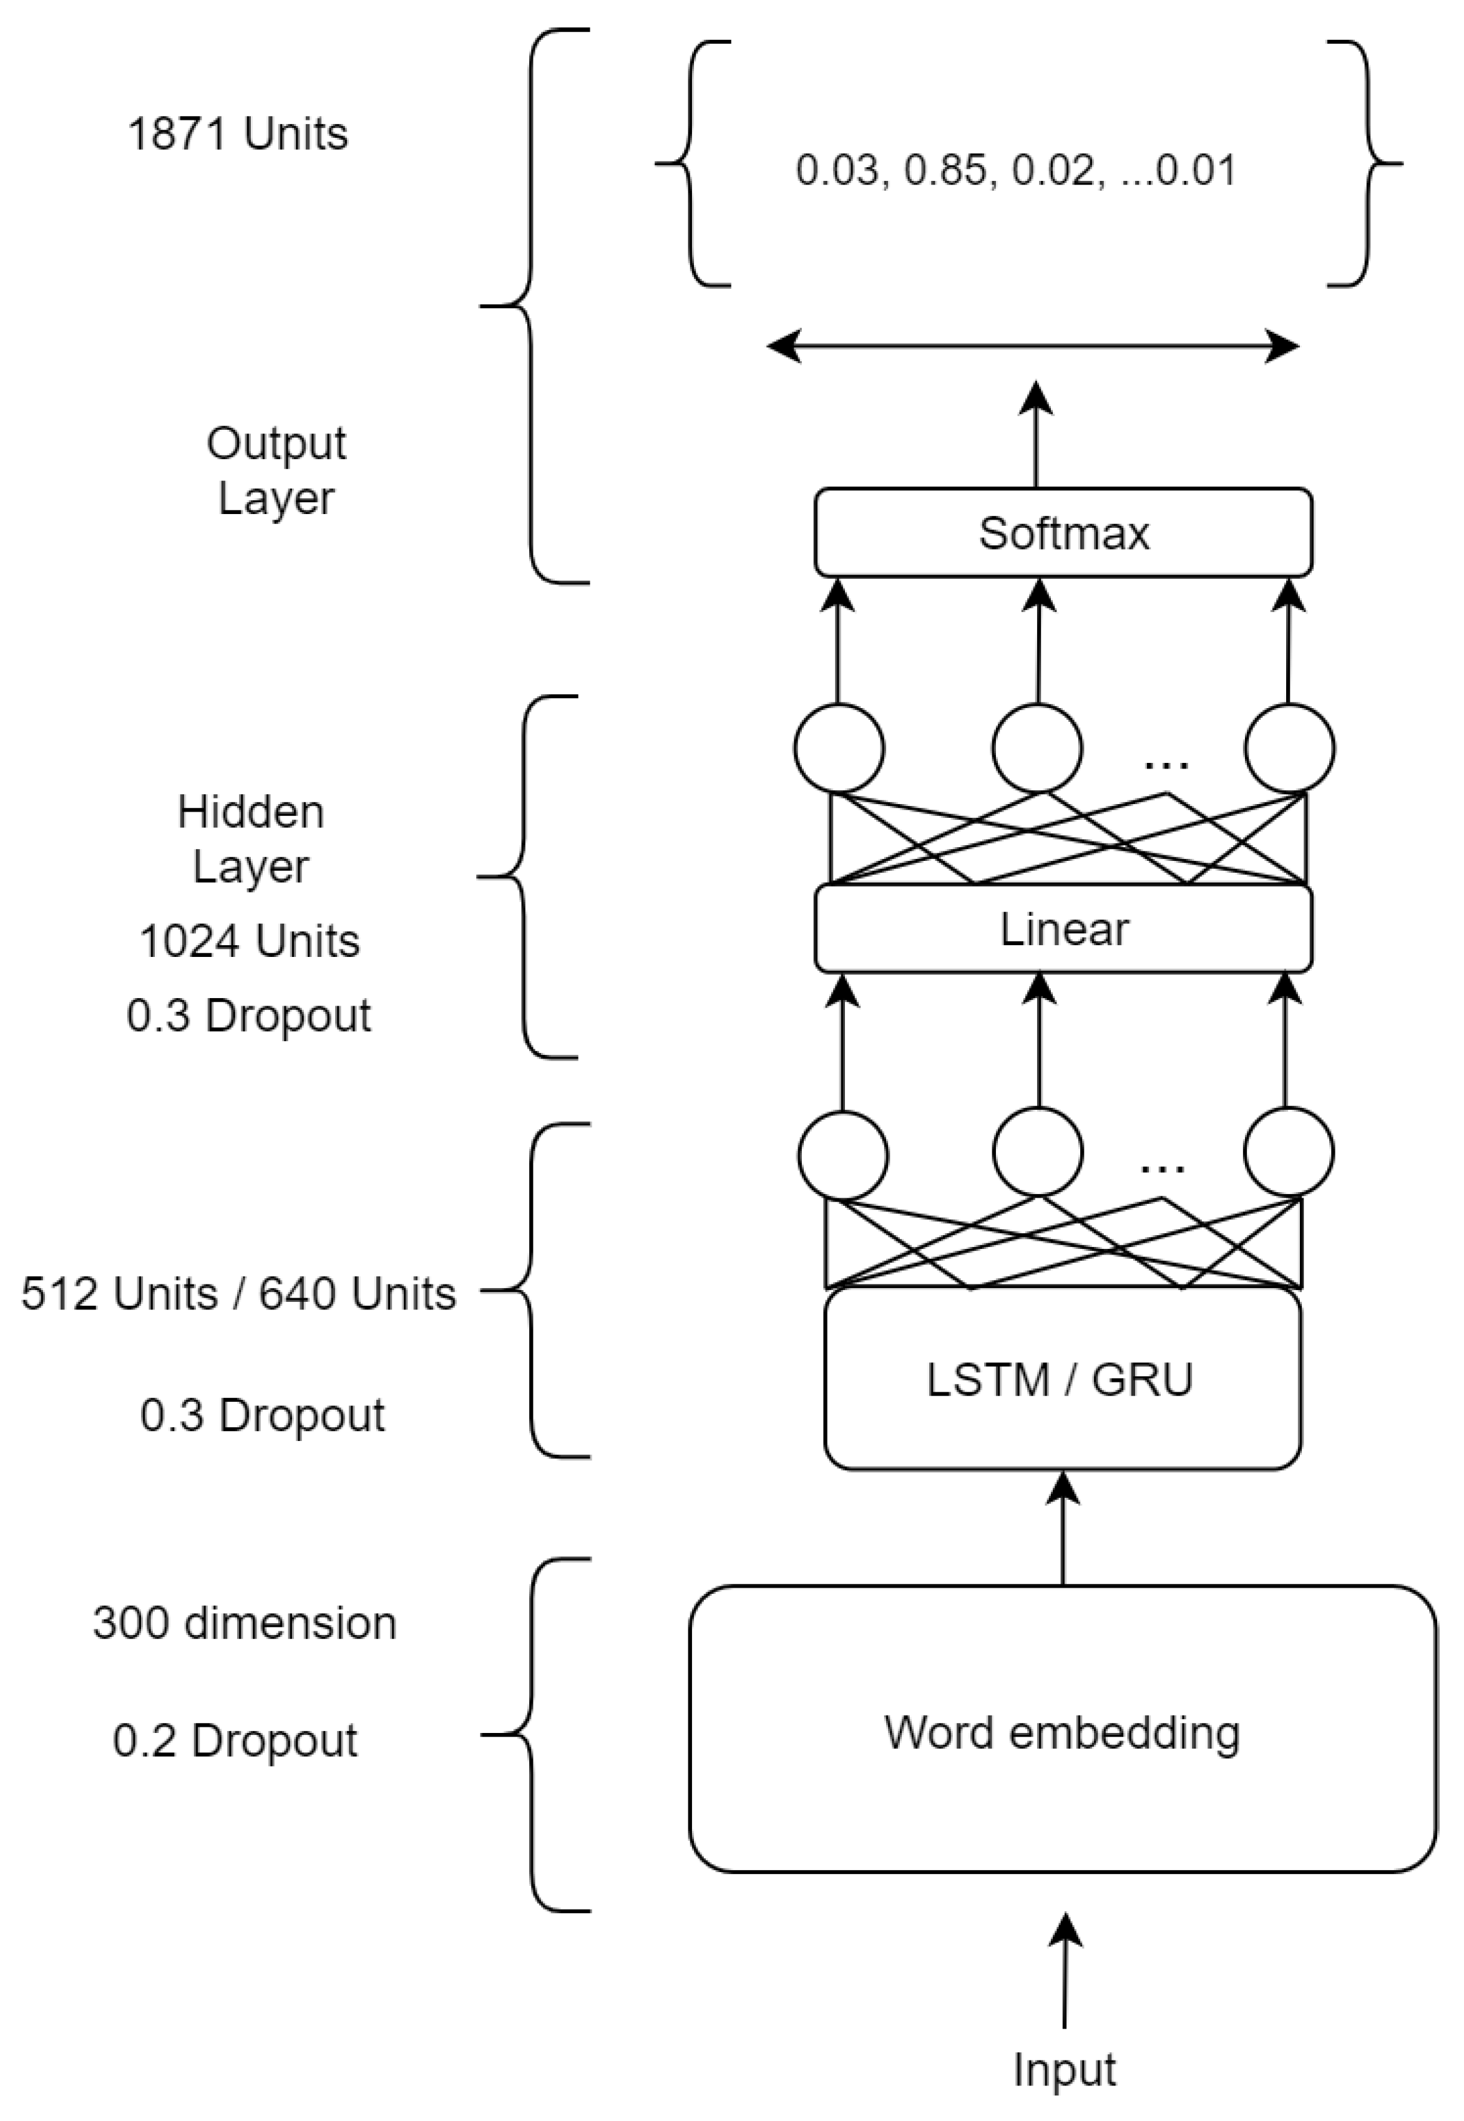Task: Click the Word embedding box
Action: pyautogui.click(x=1061, y=1732)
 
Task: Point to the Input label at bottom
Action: pyautogui.click(x=1064, y=2070)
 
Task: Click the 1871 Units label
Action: pyautogui.click(x=238, y=134)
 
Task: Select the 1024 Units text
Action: pyautogui.click(x=250, y=941)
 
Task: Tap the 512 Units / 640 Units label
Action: pyautogui.click(x=238, y=1294)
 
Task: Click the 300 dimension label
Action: pyautogui.click(x=244, y=1623)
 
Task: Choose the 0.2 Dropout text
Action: pyautogui.click(x=235, y=1740)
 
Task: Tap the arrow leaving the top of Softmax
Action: pyautogui.click(x=1037, y=435)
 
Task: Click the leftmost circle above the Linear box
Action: pyautogui.click(x=839, y=747)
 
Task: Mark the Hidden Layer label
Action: pyautogui.click(x=250, y=839)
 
